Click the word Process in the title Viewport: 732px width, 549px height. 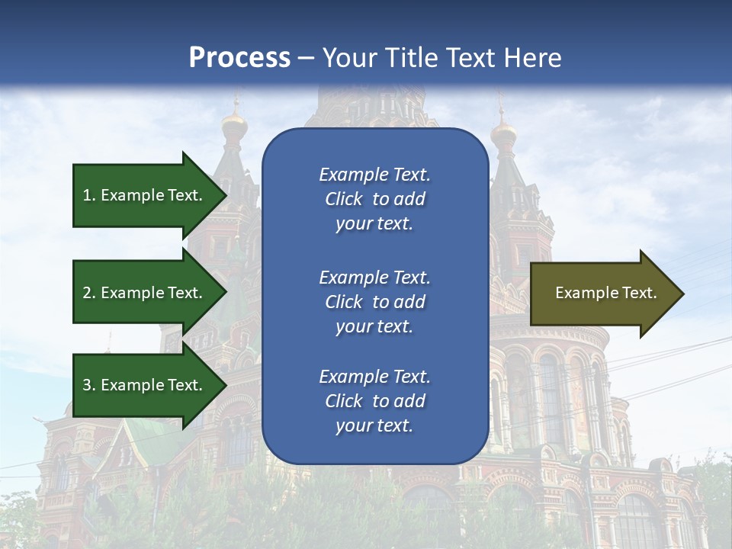click(x=239, y=57)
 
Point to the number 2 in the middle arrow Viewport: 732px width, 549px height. click(x=87, y=293)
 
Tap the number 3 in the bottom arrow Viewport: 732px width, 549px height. click(x=87, y=385)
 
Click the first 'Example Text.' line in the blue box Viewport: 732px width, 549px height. click(x=374, y=175)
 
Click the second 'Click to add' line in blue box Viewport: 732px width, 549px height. click(x=374, y=302)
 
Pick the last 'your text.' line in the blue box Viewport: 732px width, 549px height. click(x=374, y=425)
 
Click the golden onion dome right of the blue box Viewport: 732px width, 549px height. click(x=503, y=136)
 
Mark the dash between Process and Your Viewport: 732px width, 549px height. click(x=307, y=57)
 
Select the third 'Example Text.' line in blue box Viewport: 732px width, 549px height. click(x=374, y=377)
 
